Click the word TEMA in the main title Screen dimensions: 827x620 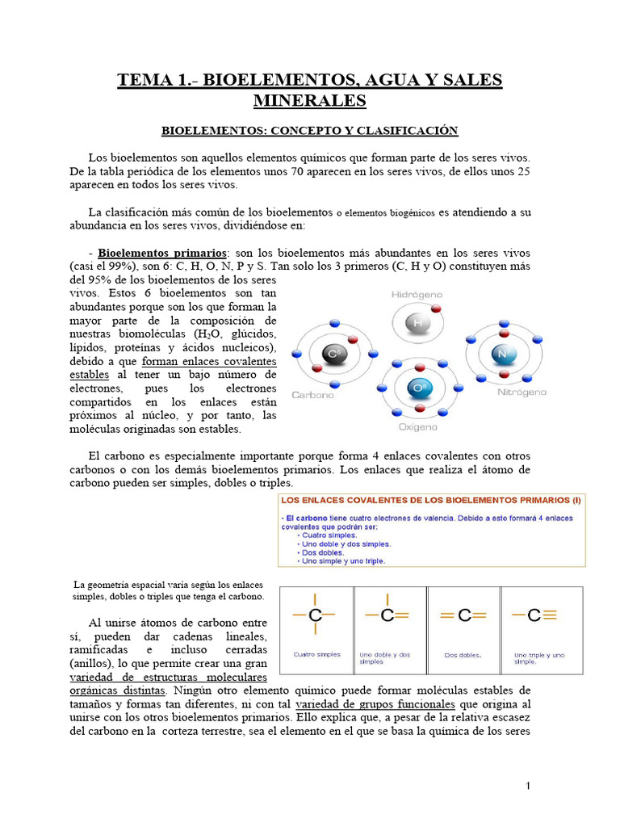(x=144, y=80)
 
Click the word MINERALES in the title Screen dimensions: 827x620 (x=310, y=100)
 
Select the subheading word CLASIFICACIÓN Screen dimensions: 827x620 (x=408, y=130)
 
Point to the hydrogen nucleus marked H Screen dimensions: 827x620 (x=417, y=324)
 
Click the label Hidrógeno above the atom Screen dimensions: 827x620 (x=417, y=296)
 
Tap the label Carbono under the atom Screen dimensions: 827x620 (x=312, y=395)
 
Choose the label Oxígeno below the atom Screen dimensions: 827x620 (x=417, y=426)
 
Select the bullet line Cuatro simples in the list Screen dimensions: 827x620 (x=329, y=535)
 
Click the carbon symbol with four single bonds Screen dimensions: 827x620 (x=315, y=615)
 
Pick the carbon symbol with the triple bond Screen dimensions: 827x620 (x=534, y=615)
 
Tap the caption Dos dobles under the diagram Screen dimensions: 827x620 (x=463, y=655)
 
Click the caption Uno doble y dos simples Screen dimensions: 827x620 (x=385, y=657)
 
